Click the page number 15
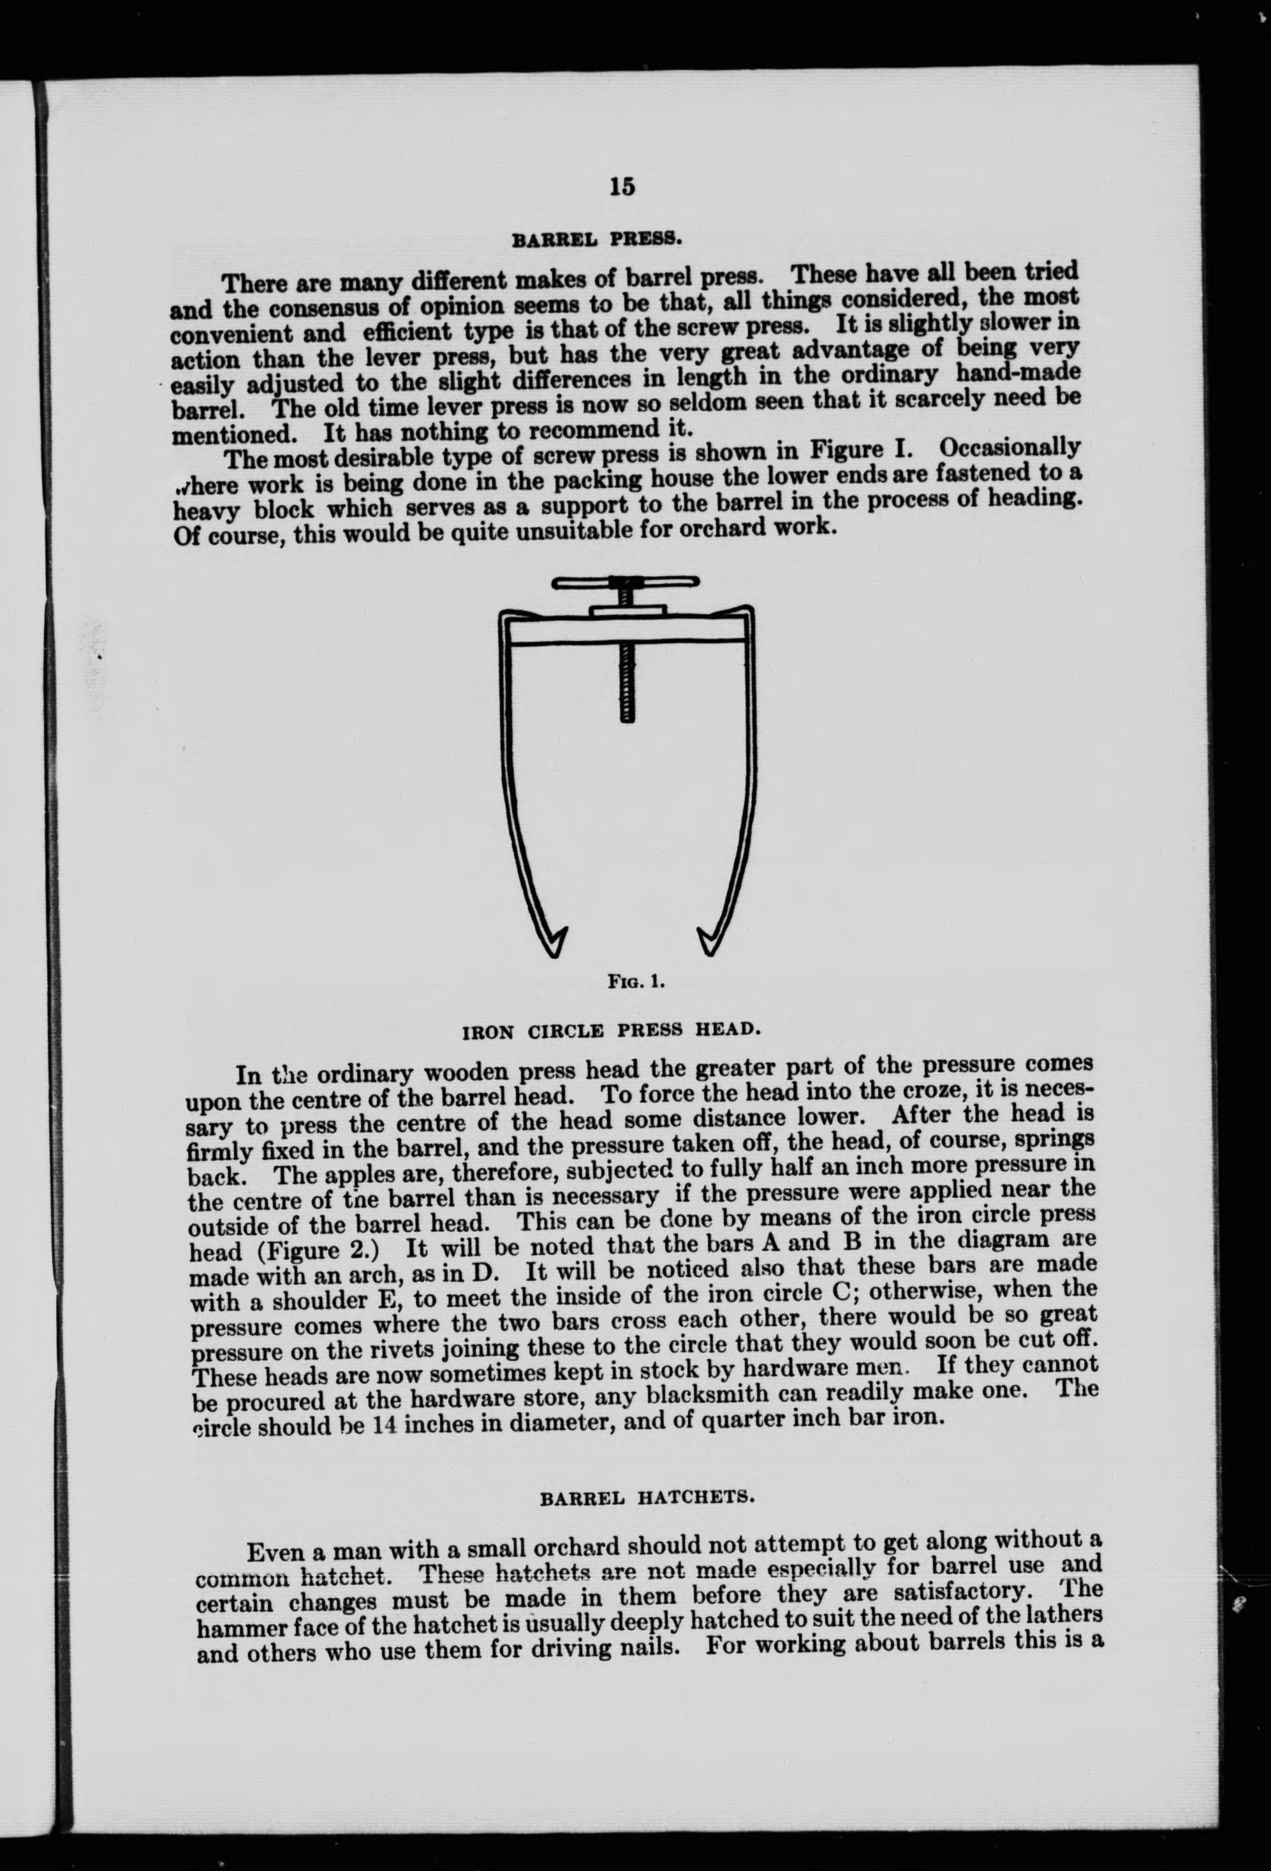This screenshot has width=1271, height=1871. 622,186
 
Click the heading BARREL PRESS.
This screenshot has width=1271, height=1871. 598,239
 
